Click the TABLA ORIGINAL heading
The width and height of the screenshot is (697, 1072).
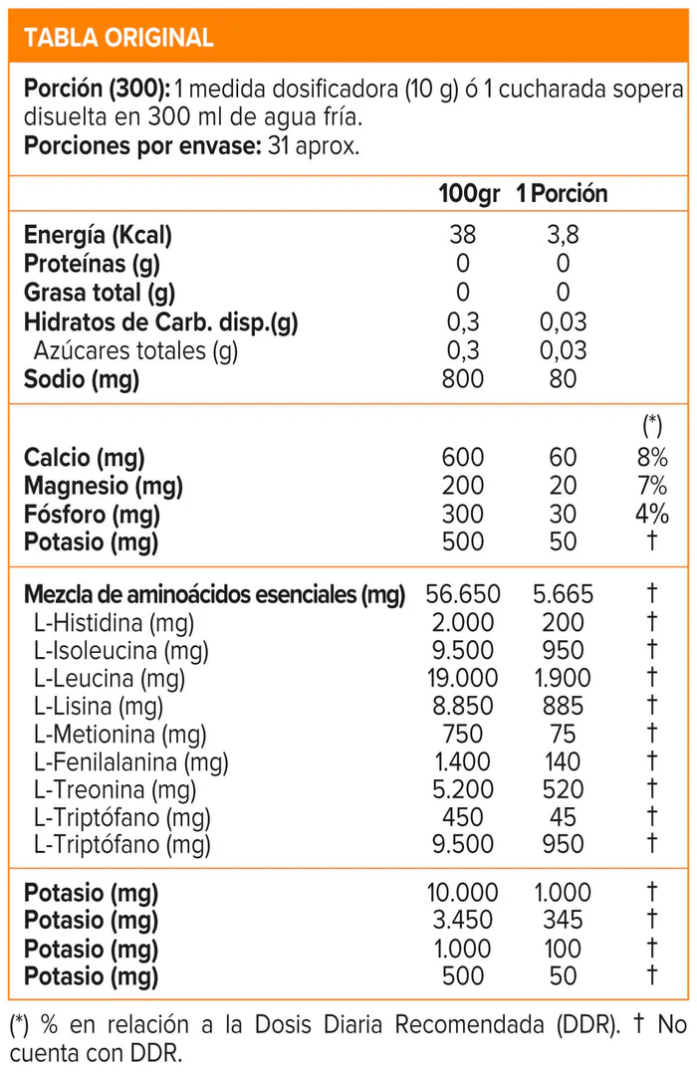pyautogui.click(x=118, y=38)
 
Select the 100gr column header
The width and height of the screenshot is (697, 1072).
pyautogui.click(x=469, y=193)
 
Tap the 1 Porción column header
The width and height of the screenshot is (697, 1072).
pyautogui.click(x=562, y=193)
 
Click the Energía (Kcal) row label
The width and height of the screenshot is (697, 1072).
pyautogui.click(x=98, y=236)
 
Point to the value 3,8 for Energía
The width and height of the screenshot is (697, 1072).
pyautogui.click(x=563, y=236)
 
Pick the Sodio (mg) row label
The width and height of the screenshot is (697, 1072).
pyautogui.click(x=82, y=379)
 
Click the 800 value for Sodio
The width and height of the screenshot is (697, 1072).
pyautogui.click(x=463, y=379)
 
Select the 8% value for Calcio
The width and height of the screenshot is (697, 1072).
pyautogui.click(x=653, y=458)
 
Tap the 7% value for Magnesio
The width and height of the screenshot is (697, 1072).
pyautogui.click(x=653, y=487)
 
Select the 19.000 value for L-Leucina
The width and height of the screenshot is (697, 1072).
pyautogui.click(x=463, y=679)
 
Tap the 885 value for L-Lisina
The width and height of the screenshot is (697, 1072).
pyautogui.click(x=563, y=707)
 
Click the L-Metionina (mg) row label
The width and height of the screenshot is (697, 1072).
pyautogui.click(x=119, y=735)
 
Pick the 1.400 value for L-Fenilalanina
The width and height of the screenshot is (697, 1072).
pyautogui.click(x=463, y=762)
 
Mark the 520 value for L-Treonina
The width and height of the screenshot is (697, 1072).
pyautogui.click(x=563, y=790)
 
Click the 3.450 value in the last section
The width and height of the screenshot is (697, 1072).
pyautogui.click(x=463, y=921)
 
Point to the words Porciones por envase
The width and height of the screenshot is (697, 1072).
pyautogui.click(x=138, y=146)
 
